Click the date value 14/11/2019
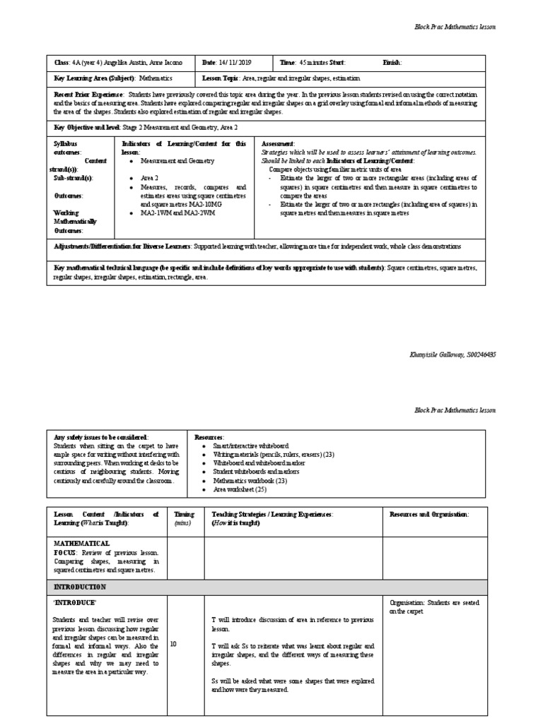[x=242, y=62]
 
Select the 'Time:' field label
[x=287, y=62]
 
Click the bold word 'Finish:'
[x=392, y=62]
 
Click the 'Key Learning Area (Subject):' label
[x=95, y=78]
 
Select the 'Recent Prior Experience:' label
[x=90, y=94]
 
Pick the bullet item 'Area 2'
[x=149, y=179]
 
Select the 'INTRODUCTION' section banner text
[x=80, y=587]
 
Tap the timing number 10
[x=174, y=644]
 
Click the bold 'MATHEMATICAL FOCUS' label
[x=81, y=548]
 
